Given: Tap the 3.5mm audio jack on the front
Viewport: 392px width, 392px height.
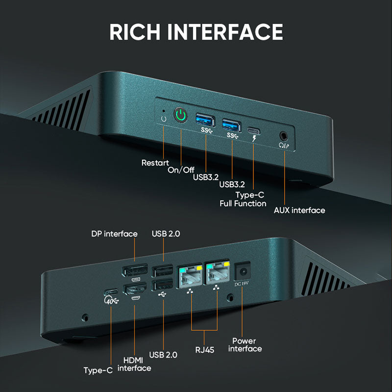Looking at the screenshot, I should [284, 135].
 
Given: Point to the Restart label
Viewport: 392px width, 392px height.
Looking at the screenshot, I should [155, 163].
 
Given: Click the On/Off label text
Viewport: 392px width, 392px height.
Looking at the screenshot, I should [181, 170].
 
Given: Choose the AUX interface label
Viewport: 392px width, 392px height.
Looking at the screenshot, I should [299, 210].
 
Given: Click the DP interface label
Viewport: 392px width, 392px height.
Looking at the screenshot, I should [114, 234].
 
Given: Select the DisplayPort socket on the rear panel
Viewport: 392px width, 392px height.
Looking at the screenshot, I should [134, 270].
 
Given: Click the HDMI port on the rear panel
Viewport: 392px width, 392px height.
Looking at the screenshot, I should [134, 290].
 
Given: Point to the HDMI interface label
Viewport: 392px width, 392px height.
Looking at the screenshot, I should [134, 364].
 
